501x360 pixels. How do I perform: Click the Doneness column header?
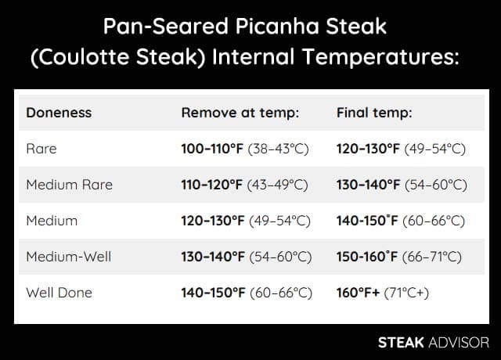(59, 113)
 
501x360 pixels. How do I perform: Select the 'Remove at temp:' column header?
(240, 113)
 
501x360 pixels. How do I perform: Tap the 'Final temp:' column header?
(374, 113)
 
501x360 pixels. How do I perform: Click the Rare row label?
(41, 149)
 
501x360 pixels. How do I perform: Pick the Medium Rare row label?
(70, 185)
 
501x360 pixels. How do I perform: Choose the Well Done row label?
(59, 293)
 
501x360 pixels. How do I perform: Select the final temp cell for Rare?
(401, 149)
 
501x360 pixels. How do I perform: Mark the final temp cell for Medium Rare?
(402, 185)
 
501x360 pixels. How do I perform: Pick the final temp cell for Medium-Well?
(399, 257)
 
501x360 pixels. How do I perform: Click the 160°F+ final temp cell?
(383, 293)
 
